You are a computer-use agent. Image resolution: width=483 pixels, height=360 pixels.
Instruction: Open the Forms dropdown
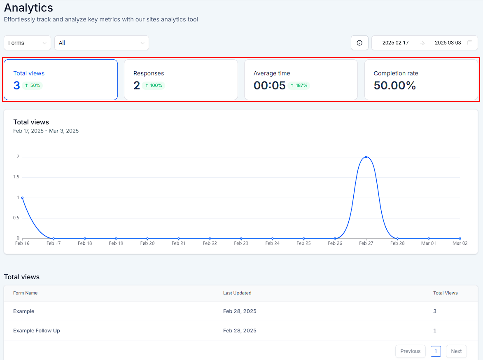click(x=27, y=43)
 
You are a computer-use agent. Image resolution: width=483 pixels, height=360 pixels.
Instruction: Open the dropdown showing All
click(x=102, y=43)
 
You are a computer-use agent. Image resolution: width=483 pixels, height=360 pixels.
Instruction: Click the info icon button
click(x=359, y=43)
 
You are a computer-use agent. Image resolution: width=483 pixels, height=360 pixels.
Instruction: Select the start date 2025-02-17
click(x=396, y=43)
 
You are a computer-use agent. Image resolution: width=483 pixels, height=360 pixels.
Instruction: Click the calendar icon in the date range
click(x=470, y=43)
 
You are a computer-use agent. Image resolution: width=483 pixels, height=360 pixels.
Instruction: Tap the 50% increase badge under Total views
click(x=33, y=85)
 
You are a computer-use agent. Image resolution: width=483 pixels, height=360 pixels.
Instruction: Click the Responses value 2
click(x=137, y=85)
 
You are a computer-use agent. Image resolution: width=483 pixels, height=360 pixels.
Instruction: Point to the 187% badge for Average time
click(x=299, y=85)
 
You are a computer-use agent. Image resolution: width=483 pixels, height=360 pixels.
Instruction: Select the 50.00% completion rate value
click(x=395, y=85)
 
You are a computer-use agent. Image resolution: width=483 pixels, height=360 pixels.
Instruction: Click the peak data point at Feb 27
click(x=366, y=157)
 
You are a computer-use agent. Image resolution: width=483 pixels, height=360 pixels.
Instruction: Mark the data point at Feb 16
click(x=22, y=198)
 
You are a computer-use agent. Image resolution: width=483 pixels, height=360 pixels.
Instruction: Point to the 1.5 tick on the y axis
click(x=16, y=177)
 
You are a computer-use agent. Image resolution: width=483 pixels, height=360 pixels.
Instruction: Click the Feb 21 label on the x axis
click(x=179, y=243)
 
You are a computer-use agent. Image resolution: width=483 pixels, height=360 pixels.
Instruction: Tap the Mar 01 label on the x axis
click(x=429, y=243)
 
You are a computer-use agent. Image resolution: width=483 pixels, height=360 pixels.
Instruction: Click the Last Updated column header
click(x=237, y=293)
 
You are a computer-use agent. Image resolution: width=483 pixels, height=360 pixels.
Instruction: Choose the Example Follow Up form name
click(x=37, y=331)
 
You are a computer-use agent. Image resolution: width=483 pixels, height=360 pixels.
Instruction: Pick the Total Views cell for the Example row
click(x=435, y=311)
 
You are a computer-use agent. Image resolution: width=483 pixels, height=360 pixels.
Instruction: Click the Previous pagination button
click(x=410, y=351)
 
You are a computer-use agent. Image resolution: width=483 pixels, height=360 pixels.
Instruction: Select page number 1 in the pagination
click(x=436, y=351)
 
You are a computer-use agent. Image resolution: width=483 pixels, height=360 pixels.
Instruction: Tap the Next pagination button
click(x=456, y=351)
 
